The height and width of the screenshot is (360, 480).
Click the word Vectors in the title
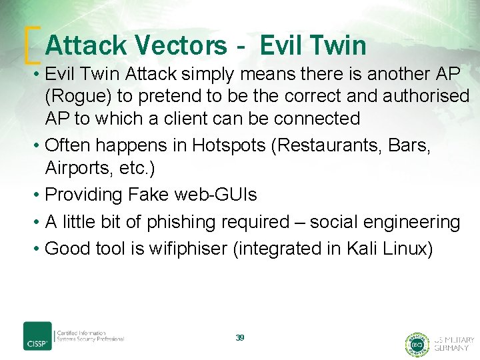pyautogui.click(x=181, y=45)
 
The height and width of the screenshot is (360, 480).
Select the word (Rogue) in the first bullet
pyautogui.click(x=78, y=96)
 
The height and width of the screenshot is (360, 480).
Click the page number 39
pyautogui.click(x=240, y=338)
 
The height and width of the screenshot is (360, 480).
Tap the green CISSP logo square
pyautogui.click(x=37, y=336)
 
